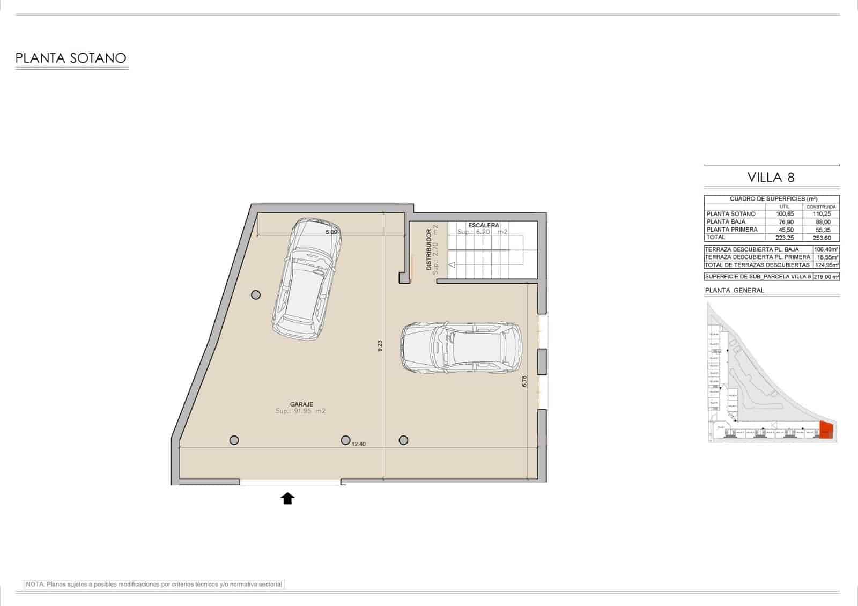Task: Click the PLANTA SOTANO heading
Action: point(71,58)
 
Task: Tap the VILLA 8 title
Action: point(771,177)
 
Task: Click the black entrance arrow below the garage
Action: point(288,499)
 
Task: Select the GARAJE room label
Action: point(301,404)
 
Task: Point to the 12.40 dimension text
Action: point(359,444)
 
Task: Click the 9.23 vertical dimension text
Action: point(380,346)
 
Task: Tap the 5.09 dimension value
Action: point(331,232)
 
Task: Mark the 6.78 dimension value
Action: point(524,381)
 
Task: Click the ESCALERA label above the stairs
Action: point(483,225)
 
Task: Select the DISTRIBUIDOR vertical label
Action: point(429,250)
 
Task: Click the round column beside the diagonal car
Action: point(256,294)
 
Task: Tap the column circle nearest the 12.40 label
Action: point(346,440)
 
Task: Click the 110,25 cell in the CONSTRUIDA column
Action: point(821,213)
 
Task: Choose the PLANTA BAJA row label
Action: point(726,221)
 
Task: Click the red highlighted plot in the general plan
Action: point(826,431)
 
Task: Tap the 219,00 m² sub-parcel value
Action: point(826,277)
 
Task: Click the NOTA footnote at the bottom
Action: point(154,584)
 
